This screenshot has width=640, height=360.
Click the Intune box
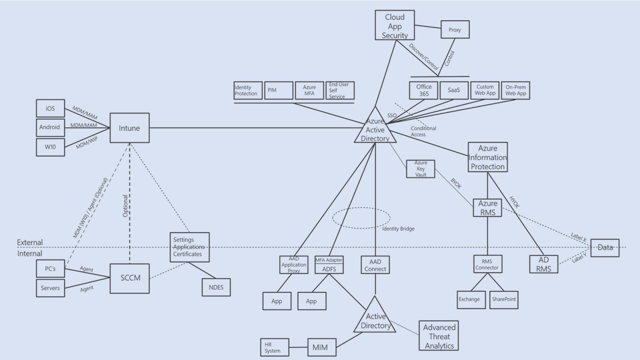click(x=129, y=128)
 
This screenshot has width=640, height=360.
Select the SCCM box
click(x=130, y=278)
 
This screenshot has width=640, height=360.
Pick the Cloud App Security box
click(x=394, y=26)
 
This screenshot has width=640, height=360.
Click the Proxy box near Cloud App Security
click(x=455, y=30)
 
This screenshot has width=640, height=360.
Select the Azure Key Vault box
click(x=420, y=169)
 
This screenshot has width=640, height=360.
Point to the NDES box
click(x=216, y=287)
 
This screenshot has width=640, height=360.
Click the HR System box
click(x=274, y=347)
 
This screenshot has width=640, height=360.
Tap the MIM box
click(x=321, y=347)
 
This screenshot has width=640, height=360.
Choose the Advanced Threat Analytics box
click(x=438, y=336)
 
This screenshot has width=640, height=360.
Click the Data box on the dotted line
click(x=604, y=248)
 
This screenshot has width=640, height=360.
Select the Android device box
click(x=50, y=127)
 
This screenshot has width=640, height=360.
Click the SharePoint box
click(x=504, y=299)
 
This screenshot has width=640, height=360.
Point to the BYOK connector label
click(x=456, y=183)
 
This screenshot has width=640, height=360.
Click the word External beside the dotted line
click(x=30, y=242)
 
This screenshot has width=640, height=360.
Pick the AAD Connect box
click(x=375, y=265)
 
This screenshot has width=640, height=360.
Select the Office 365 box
click(x=424, y=90)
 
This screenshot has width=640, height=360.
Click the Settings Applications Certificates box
click(x=189, y=247)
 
